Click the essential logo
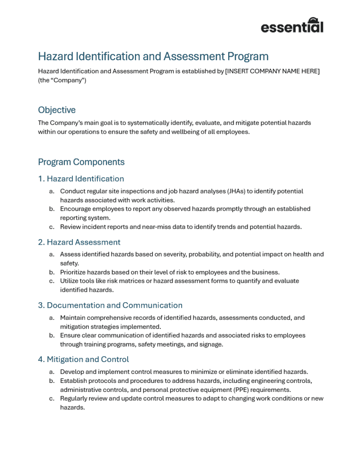(292, 25)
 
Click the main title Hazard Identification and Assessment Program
(153, 57)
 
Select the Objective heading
(57, 110)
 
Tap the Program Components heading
(81, 162)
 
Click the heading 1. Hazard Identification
(81, 179)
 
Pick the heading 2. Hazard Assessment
(79, 242)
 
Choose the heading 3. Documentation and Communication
(110, 305)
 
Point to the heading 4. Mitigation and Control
(83, 359)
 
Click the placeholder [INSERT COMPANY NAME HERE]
(272, 72)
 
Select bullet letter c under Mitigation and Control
(52, 399)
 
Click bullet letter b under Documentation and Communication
(52, 336)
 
